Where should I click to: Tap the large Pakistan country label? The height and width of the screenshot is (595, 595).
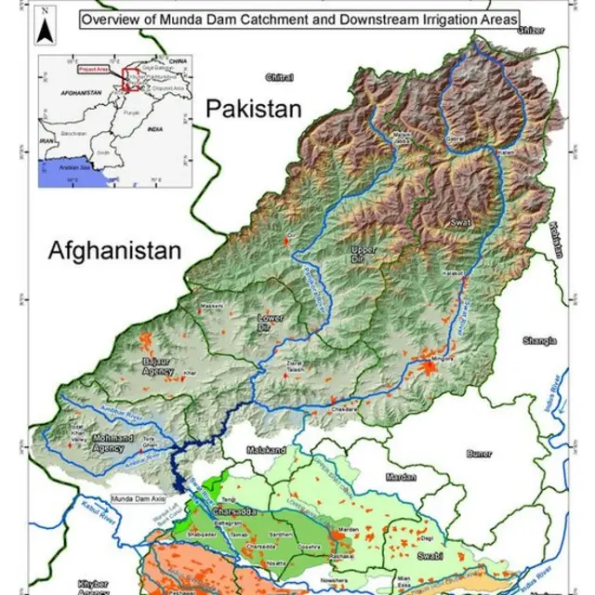pos(254,109)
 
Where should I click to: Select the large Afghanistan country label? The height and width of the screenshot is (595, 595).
pos(115,250)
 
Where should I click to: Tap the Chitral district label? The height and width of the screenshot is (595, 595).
pos(279,77)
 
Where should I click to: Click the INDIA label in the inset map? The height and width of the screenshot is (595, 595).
pos(158,131)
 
